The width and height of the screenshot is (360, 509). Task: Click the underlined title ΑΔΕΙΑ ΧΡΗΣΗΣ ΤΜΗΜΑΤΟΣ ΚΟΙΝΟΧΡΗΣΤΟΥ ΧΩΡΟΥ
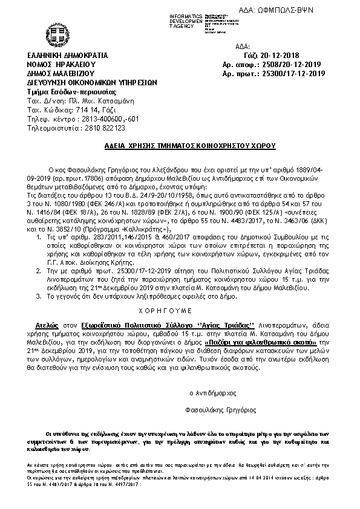click(180, 146)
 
